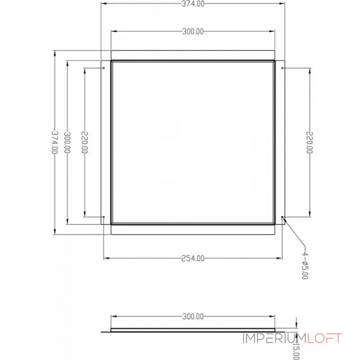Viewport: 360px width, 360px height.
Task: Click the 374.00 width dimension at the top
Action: click(193, 4)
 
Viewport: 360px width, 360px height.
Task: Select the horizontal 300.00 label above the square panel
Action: click(193, 31)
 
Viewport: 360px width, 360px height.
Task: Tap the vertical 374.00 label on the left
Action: click(54, 142)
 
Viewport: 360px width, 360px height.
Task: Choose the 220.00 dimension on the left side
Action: click(84, 142)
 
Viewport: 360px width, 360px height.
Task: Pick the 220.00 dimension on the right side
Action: click(309, 142)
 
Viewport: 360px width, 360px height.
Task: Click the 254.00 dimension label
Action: click(193, 258)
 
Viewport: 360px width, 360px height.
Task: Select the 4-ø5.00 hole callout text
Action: click(305, 265)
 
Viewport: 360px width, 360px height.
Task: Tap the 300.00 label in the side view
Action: click(193, 316)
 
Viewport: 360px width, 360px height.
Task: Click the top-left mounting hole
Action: click(104, 68)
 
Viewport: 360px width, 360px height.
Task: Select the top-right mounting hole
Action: click(282, 68)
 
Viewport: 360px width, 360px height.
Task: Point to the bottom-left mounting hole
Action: click(104, 217)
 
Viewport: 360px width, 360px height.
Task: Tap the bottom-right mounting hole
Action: click(282, 217)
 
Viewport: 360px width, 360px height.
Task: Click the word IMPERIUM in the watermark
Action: click(274, 338)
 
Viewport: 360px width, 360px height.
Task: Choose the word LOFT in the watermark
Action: click(324, 338)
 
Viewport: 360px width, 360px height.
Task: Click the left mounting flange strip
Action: click(106, 142)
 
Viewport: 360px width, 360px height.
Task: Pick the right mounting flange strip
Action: click(280, 142)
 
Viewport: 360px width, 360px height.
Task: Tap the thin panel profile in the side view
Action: click(193, 330)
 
